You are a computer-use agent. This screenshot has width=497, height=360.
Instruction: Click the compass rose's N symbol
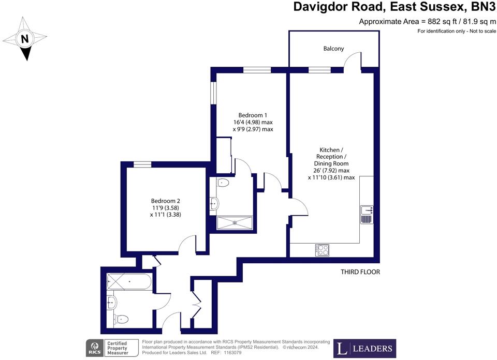click(x=24, y=38)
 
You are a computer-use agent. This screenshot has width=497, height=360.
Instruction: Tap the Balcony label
click(x=333, y=49)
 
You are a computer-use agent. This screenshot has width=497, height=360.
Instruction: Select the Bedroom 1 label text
click(x=253, y=122)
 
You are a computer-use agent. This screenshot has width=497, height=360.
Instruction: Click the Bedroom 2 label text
click(x=165, y=207)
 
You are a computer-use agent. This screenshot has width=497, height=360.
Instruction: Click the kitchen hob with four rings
click(x=323, y=250)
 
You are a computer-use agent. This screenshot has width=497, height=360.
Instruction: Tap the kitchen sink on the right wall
click(x=367, y=214)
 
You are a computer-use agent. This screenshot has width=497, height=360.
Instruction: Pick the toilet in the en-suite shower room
click(x=223, y=183)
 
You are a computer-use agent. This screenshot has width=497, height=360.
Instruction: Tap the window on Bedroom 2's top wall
click(x=142, y=164)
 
